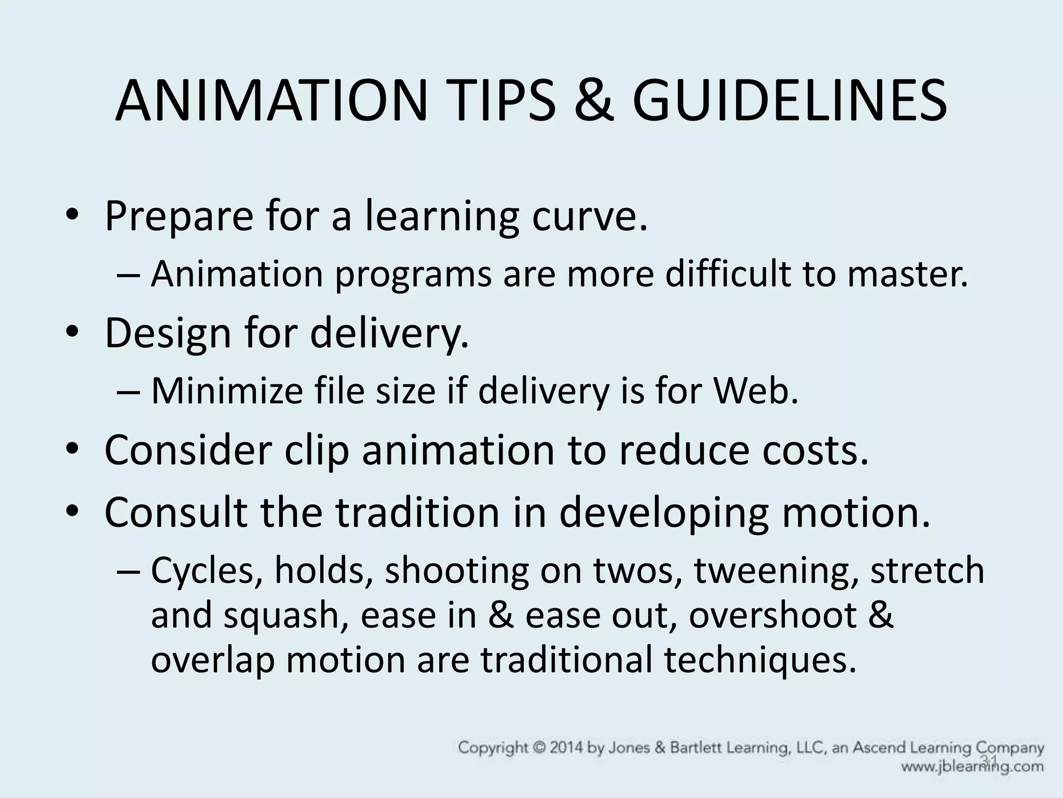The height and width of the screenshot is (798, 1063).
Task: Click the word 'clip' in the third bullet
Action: (x=316, y=449)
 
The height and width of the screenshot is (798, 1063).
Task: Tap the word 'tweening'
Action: (x=776, y=570)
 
